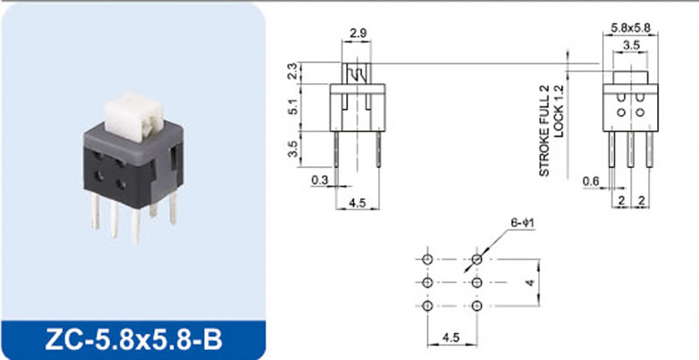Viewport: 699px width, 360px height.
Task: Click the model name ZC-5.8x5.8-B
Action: click(134, 341)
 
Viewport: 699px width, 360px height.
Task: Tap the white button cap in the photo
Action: click(133, 116)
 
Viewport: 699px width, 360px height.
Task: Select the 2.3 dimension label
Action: click(293, 73)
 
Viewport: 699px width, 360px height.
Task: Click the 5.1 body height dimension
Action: click(293, 107)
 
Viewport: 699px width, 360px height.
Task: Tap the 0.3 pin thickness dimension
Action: click(319, 180)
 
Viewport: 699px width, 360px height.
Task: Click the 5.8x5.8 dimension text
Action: click(630, 28)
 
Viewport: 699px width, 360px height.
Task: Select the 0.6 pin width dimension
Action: click(592, 181)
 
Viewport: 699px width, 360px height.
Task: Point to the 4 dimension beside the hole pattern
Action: click(530, 282)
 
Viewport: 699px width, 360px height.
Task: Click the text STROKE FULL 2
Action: click(544, 130)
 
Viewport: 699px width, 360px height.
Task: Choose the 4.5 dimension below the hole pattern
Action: click(450, 338)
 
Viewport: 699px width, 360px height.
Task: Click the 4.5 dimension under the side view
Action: click(357, 204)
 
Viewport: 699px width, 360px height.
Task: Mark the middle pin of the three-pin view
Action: click(630, 149)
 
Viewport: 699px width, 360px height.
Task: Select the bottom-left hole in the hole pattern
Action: click(427, 306)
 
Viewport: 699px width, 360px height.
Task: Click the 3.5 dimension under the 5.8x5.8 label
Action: click(631, 45)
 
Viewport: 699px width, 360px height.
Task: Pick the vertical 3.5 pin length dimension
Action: click(293, 149)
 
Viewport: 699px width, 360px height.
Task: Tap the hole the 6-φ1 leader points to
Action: click(477, 259)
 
